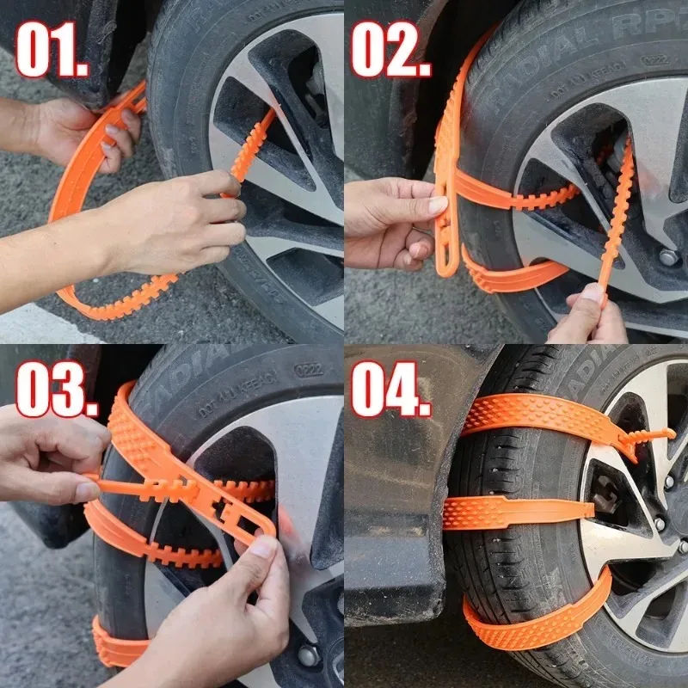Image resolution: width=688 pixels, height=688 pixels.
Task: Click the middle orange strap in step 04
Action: coord(516,513)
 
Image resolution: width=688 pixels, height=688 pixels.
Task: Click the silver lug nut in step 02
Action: coord(667,256)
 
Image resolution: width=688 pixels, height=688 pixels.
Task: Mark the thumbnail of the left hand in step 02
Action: coord(437,206)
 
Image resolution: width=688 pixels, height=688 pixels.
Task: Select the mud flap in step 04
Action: coord(404,516)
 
